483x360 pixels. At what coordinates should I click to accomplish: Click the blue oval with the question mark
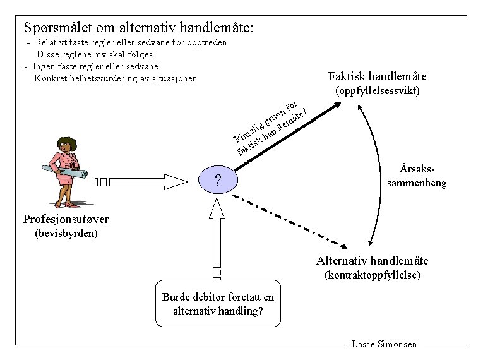217,181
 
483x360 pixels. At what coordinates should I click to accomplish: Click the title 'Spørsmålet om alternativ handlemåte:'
138,28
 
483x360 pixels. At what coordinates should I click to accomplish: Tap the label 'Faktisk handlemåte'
378,76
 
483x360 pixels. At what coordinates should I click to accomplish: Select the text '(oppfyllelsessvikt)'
378,91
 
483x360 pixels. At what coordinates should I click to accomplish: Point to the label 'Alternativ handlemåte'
373,261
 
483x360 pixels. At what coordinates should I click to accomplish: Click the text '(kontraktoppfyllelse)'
373,275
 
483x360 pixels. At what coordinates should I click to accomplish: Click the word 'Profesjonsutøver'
66,220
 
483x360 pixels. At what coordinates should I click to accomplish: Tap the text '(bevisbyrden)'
66,234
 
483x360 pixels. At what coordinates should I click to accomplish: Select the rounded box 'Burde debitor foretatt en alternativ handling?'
218,304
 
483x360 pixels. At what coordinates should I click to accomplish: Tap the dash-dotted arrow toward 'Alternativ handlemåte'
290,220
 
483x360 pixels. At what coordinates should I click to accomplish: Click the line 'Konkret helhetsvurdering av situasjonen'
116,78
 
